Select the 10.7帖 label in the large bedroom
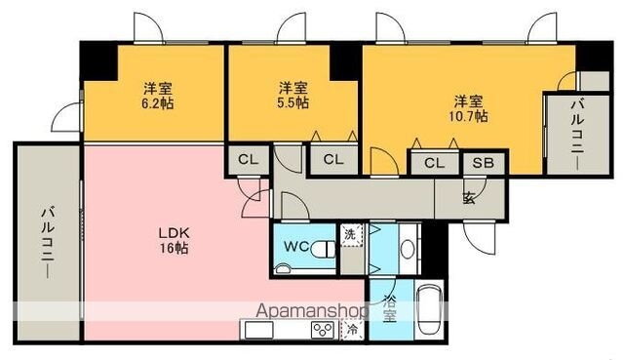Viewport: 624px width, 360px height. click(470, 115)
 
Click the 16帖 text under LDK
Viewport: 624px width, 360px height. click(175, 249)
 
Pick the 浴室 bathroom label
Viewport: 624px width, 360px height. click(388, 307)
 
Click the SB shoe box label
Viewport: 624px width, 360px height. click(483, 163)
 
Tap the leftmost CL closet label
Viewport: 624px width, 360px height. click(248, 159)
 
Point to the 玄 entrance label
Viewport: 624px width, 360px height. click(469, 199)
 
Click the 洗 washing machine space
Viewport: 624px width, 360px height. click(351, 234)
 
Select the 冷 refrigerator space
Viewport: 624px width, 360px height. click(352, 330)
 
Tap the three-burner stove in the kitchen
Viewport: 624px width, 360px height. click(322, 330)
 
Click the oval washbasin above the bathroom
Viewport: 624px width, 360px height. click(409, 248)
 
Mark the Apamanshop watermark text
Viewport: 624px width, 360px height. click(311, 311)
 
